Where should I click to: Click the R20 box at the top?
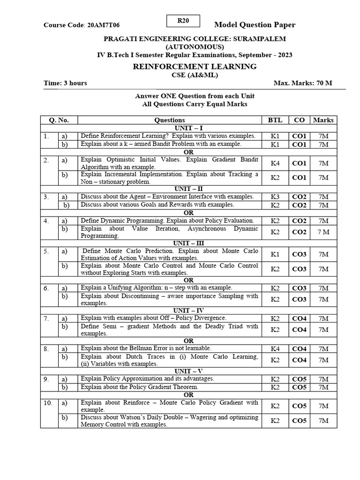tap(183, 21)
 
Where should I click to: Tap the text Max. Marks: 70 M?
tap(303, 83)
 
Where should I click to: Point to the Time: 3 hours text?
tap(65, 83)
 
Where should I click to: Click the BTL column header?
tap(275, 120)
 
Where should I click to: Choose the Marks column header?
tap(323, 120)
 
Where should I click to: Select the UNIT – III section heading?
tap(188, 243)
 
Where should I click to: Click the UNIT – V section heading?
tap(188, 371)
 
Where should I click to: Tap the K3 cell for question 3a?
tap(275, 197)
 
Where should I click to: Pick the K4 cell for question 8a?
tap(275, 349)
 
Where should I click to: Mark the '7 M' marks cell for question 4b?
tap(323, 232)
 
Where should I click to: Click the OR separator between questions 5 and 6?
tap(188, 280)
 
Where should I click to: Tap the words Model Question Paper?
tap(255, 25)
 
